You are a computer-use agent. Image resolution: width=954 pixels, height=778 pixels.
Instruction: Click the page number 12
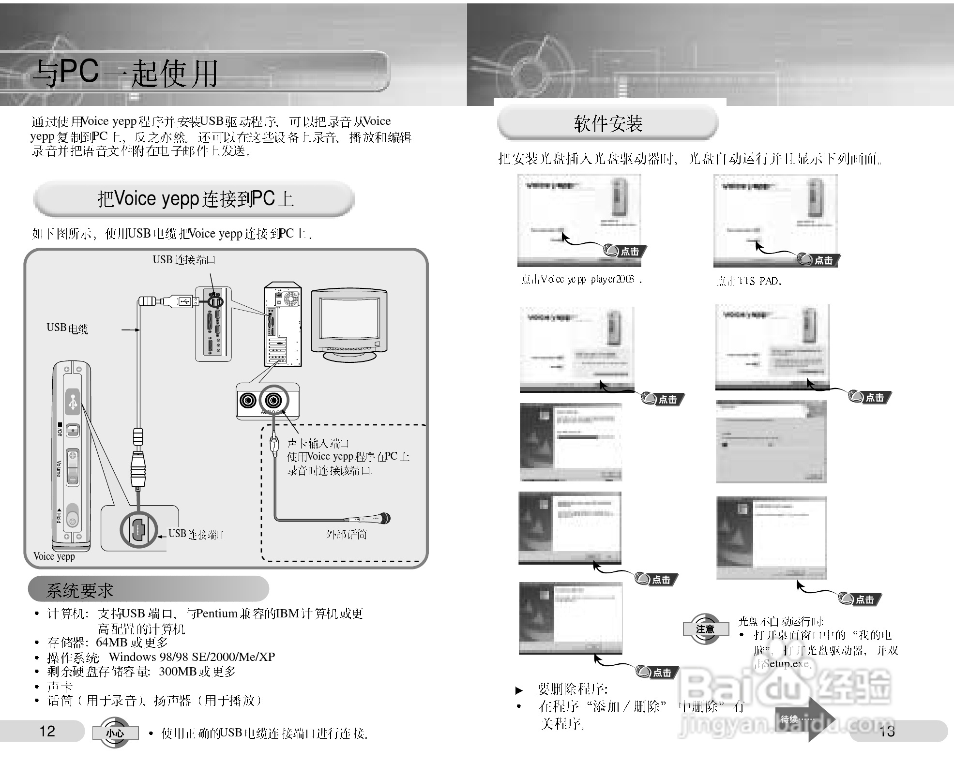click(47, 731)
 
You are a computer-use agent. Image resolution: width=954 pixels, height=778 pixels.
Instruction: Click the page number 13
click(887, 731)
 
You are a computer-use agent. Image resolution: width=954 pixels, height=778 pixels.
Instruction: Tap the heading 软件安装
click(608, 124)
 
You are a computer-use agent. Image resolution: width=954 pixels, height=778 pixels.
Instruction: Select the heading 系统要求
click(80, 590)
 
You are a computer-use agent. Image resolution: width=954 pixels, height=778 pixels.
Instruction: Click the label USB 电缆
click(67, 328)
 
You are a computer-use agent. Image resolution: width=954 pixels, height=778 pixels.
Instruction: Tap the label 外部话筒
click(346, 534)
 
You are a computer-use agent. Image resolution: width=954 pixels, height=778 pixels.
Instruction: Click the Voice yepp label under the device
click(54, 556)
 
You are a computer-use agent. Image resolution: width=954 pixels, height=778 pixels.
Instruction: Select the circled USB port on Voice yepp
click(138, 530)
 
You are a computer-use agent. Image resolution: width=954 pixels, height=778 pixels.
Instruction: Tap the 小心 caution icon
click(115, 733)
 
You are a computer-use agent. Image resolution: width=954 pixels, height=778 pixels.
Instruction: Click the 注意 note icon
click(705, 629)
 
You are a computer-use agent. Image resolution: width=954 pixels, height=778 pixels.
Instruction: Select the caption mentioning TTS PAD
click(748, 281)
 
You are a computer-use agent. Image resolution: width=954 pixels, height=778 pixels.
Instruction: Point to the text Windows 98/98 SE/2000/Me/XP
click(192, 657)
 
